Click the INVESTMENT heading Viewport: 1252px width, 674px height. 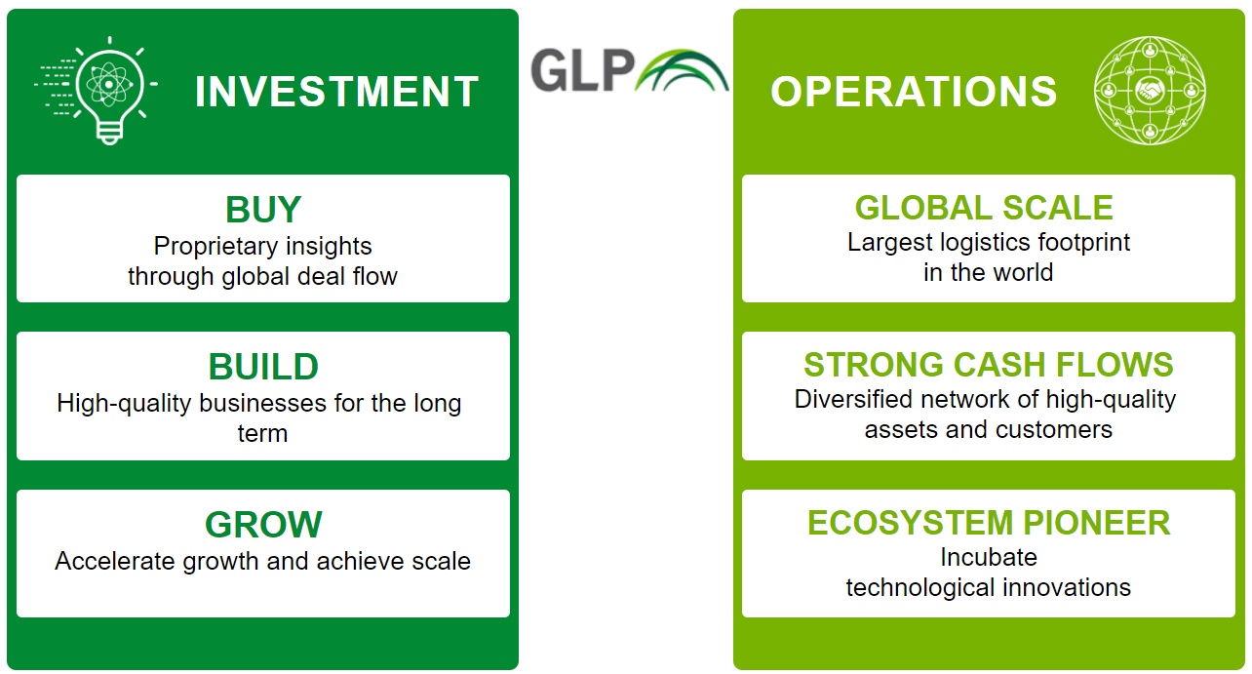click(336, 91)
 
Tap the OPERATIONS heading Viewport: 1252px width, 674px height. click(914, 91)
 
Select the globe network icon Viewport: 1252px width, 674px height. click(1150, 91)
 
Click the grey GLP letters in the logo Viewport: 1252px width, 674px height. click(582, 70)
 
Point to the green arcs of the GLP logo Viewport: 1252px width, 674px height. click(683, 70)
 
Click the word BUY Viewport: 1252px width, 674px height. click(263, 209)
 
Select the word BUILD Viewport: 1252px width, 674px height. click(263, 367)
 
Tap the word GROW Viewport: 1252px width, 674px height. click(263, 524)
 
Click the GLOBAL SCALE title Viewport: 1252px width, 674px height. click(984, 208)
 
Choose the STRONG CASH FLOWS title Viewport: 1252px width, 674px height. click(988, 365)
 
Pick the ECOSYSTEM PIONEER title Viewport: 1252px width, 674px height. click(989, 523)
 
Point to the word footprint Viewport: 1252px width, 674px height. click(1083, 242)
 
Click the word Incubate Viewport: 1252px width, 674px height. click(989, 557)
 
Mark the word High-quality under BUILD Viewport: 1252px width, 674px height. click(124, 404)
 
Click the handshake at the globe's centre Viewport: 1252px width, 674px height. click(1150, 91)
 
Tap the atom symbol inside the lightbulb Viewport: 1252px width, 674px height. click(109, 85)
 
